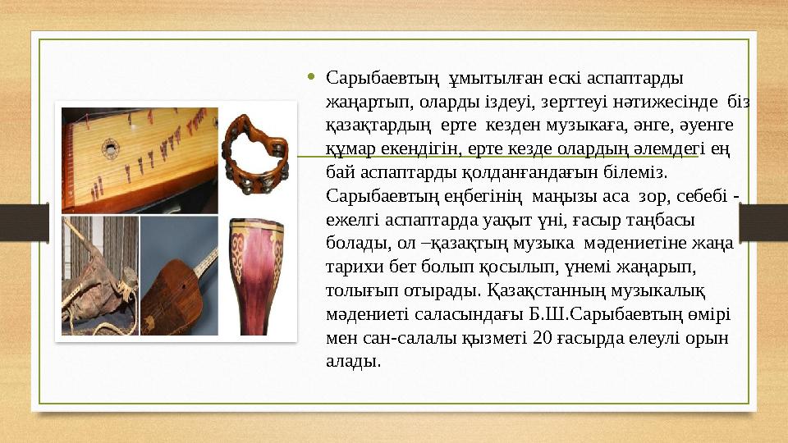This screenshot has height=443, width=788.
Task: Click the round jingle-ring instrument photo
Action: pos(254,152)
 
